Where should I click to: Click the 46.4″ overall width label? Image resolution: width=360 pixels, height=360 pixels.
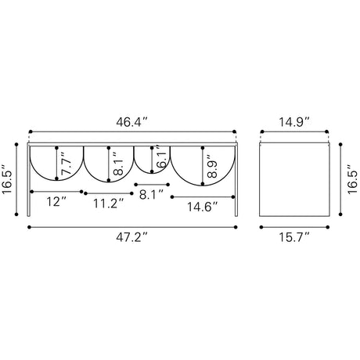coord(131,122)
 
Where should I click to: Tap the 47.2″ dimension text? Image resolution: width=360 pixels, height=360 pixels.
coord(131,237)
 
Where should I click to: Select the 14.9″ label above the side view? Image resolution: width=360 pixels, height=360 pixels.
coord(294,122)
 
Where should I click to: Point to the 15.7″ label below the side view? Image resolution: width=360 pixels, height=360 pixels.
coord(294,237)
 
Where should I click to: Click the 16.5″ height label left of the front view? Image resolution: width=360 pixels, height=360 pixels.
coord(7,179)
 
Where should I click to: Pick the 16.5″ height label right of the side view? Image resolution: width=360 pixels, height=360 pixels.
coord(352,179)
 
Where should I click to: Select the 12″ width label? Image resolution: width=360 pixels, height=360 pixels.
coord(56,202)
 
